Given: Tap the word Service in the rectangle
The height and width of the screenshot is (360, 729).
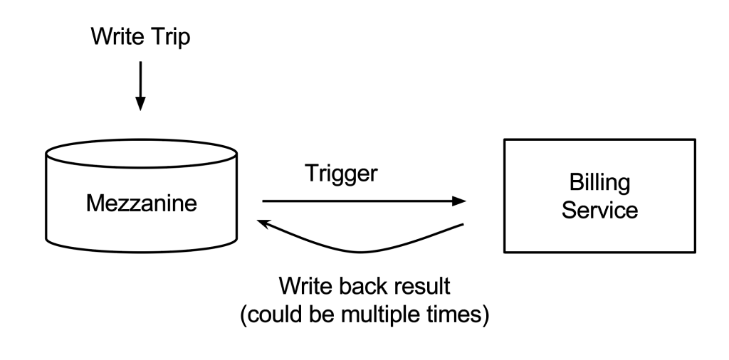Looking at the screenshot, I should pos(599,210).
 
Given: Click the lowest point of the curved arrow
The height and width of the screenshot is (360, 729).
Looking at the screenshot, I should pos(362,252).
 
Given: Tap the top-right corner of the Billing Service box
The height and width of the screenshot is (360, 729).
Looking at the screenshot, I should pos(694,140).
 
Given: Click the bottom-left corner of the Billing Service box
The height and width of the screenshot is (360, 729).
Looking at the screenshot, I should pos(504,252).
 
